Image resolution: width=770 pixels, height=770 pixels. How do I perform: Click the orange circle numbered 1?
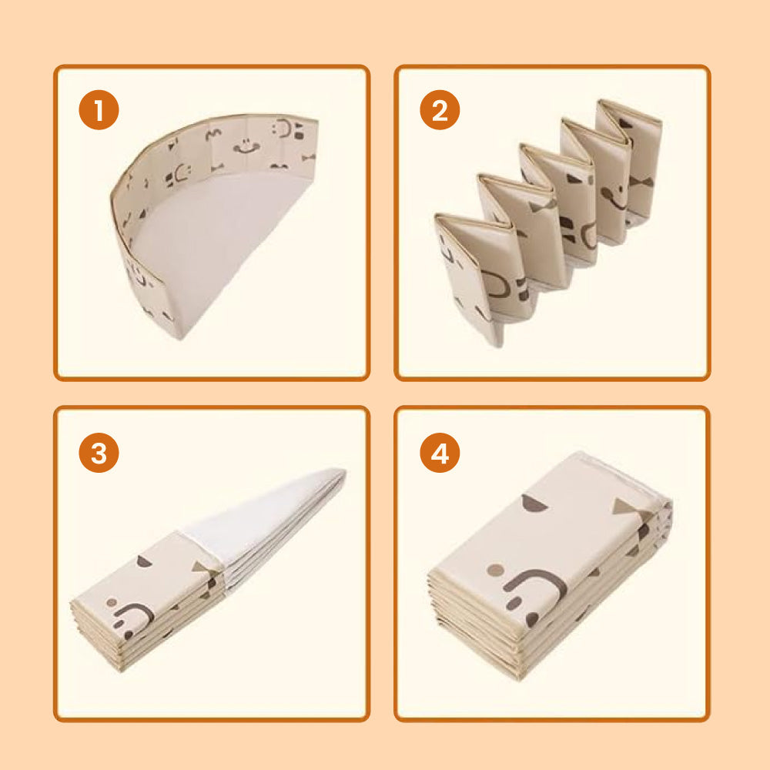click(x=99, y=109)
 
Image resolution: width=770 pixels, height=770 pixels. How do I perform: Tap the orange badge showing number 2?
click(x=440, y=109)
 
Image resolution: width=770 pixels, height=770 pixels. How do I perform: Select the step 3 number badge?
click(x=99, y=452)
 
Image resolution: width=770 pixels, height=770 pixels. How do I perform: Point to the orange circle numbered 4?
click(x=440, y=452)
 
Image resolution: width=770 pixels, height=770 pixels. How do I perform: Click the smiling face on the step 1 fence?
click(x=246, y=146)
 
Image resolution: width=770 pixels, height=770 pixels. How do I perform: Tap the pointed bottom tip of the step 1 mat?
click(x=181, y=338)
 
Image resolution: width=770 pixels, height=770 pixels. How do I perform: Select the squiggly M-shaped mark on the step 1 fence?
click(x=213, y=134)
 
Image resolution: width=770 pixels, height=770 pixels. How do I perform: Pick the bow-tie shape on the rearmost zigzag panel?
click(x=641, y=182)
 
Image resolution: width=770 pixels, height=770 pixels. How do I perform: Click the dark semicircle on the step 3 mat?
click(x=144, y=561)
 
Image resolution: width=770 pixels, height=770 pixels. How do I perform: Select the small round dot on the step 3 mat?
click(x=112, y=602)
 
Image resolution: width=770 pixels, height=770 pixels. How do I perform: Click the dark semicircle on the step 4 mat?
click(x=534, y=504)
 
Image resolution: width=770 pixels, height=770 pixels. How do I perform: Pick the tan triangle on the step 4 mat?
click(x=627, y=508)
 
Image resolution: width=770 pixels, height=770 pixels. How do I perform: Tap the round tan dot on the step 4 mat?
click(x=495, y=570)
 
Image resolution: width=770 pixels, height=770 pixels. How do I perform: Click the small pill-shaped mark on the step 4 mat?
click(x=514, y=604)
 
